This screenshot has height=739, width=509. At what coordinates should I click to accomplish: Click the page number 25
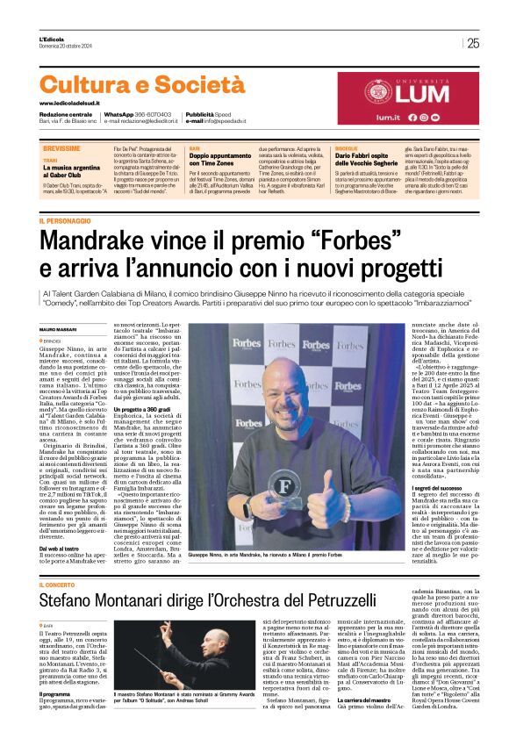tap(473, 43)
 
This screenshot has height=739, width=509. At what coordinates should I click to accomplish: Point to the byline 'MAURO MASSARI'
tap(59, 305)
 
